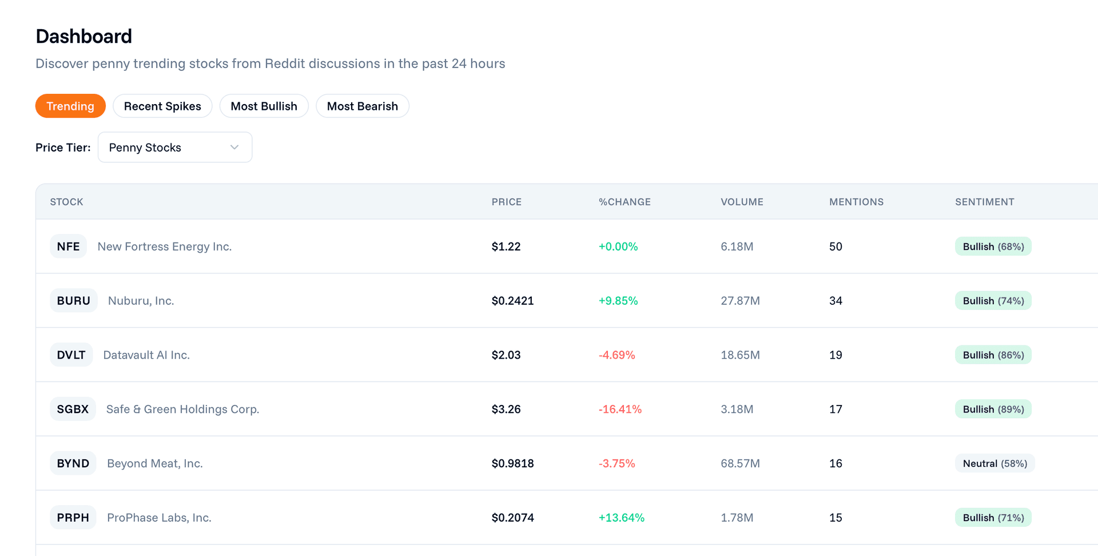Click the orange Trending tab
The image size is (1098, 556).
click(70, 106)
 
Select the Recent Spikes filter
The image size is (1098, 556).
click(162, 106)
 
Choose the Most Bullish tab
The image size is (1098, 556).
click(264, 106)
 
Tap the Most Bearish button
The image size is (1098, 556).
click(362, 106)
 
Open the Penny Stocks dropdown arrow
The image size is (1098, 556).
click(234, 148)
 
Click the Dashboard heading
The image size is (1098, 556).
click(83, 37)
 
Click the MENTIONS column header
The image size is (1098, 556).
click(856, 202)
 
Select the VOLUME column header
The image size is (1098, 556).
click(742, 202)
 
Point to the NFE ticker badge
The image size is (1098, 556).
click(68, 247)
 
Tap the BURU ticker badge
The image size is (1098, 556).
click(73, 301)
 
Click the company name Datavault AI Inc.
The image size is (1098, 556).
click(146, 355)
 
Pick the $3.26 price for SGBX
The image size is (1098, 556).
click(506, 410)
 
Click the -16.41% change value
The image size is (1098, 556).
click(620, 410)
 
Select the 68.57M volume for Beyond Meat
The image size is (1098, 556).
click(740, 463)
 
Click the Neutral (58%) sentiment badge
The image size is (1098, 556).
click(994, 463)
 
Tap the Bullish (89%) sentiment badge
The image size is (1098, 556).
click(993, 410)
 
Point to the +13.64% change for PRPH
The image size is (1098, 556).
click(621, 518)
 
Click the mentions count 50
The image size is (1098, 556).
click(836, 247)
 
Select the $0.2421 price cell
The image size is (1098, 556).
click(512, 301)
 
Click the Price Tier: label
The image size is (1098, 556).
click(63, 148)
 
